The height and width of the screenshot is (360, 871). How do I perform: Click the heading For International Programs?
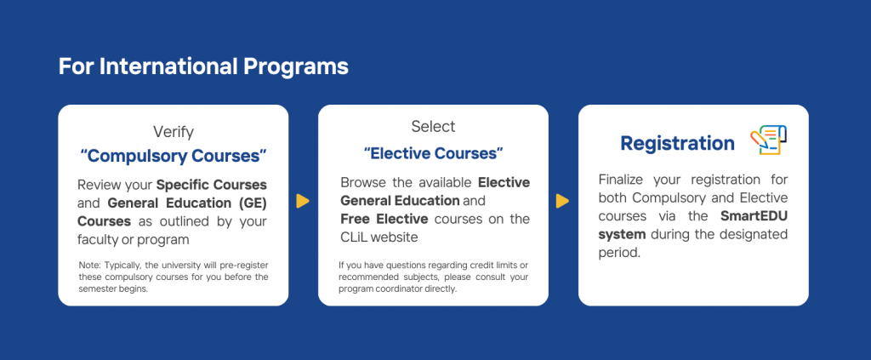pyautogui.click(x=203, y=66)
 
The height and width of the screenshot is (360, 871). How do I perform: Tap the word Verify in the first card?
pyautogui.click(x=174, y=132)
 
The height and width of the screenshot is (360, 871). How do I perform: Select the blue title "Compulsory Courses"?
pyautogui.click(x=174, y=156)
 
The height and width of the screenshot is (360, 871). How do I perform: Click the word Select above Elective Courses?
pyautogui.click(x=433, y=127)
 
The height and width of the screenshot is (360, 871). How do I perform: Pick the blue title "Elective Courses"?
pyautogui.click(x=433, y=153)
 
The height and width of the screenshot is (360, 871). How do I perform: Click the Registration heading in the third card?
pyautogui.click(x=677, y=143)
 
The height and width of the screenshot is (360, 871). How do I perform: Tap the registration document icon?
pyautogui.click(x=769, y=140)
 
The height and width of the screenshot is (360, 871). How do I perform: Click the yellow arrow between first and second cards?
pyautogui.click(x=302, y=201)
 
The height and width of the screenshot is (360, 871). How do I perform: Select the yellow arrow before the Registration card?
pyautogui.click(x=562, y=201)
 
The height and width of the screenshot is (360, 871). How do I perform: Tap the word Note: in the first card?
pyautogui.click(x=89, y=265)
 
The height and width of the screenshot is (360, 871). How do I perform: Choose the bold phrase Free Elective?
pyautogui.click(x=384, y=219)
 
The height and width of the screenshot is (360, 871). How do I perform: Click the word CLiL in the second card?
pyautogui.click(x=354, y=237)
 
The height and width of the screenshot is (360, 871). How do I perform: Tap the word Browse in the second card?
pyautogui.click(x=360, y=183)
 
